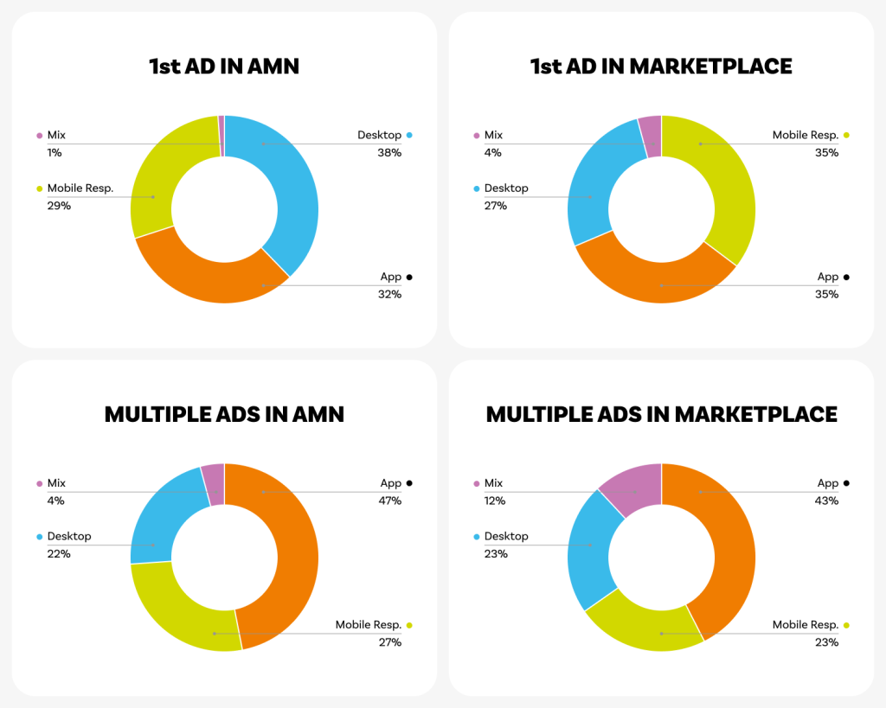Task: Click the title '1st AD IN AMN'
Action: coord(224,67)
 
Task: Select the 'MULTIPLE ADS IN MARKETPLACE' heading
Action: coord(661,414)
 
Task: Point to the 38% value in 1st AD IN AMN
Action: coord(390,153)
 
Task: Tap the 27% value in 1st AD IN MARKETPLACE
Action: coord(496,206)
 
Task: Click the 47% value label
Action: coord(390,501)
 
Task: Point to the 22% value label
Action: coord(59,553)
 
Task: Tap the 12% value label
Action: coord(496,501)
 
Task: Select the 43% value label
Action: coord(827,501)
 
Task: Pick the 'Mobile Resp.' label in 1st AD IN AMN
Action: coord(80,188)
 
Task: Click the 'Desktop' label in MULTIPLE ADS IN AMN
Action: coord(69,536)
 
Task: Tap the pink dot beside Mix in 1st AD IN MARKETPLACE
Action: coord(476,136)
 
